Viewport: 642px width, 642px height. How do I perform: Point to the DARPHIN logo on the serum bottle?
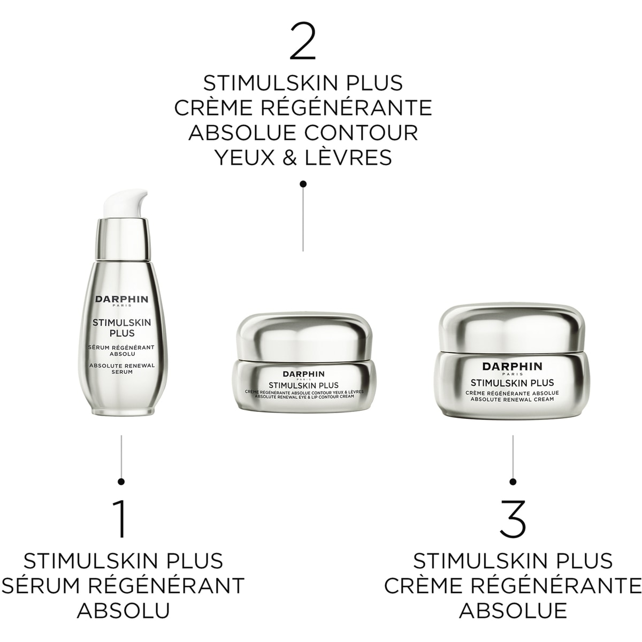tap(121, 300)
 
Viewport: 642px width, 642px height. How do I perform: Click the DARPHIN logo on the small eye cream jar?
tap(303, 374)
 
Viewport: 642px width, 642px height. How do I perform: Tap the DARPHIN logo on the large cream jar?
tap(512, 366)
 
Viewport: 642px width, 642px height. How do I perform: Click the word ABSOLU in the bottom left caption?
tap(123, 610)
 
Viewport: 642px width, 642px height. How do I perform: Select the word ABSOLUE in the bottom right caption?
tap(513, 610)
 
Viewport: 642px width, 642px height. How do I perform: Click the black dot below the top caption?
tap(303, 184)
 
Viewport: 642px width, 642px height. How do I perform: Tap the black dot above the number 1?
tap(121, 481)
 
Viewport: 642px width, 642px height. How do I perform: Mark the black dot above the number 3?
tap(513, 481)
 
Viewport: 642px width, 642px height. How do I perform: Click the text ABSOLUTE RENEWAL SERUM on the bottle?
tap(121, 369)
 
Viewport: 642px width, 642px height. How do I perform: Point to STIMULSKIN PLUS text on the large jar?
tap(512, 383)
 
